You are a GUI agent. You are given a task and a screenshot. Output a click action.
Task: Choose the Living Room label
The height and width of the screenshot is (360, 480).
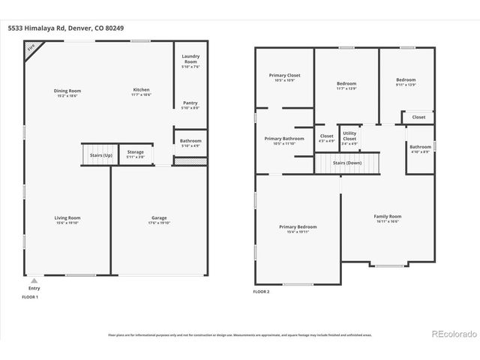[67, 220]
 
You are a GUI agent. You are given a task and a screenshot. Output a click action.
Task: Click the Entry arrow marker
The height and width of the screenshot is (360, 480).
[34, 280]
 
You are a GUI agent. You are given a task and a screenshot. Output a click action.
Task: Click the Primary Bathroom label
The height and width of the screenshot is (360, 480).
[283, 140]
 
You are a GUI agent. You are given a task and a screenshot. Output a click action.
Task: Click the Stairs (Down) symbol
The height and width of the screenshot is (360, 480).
[347, 162]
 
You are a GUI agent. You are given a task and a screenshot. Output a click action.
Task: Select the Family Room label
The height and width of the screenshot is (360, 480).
[388, 218]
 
